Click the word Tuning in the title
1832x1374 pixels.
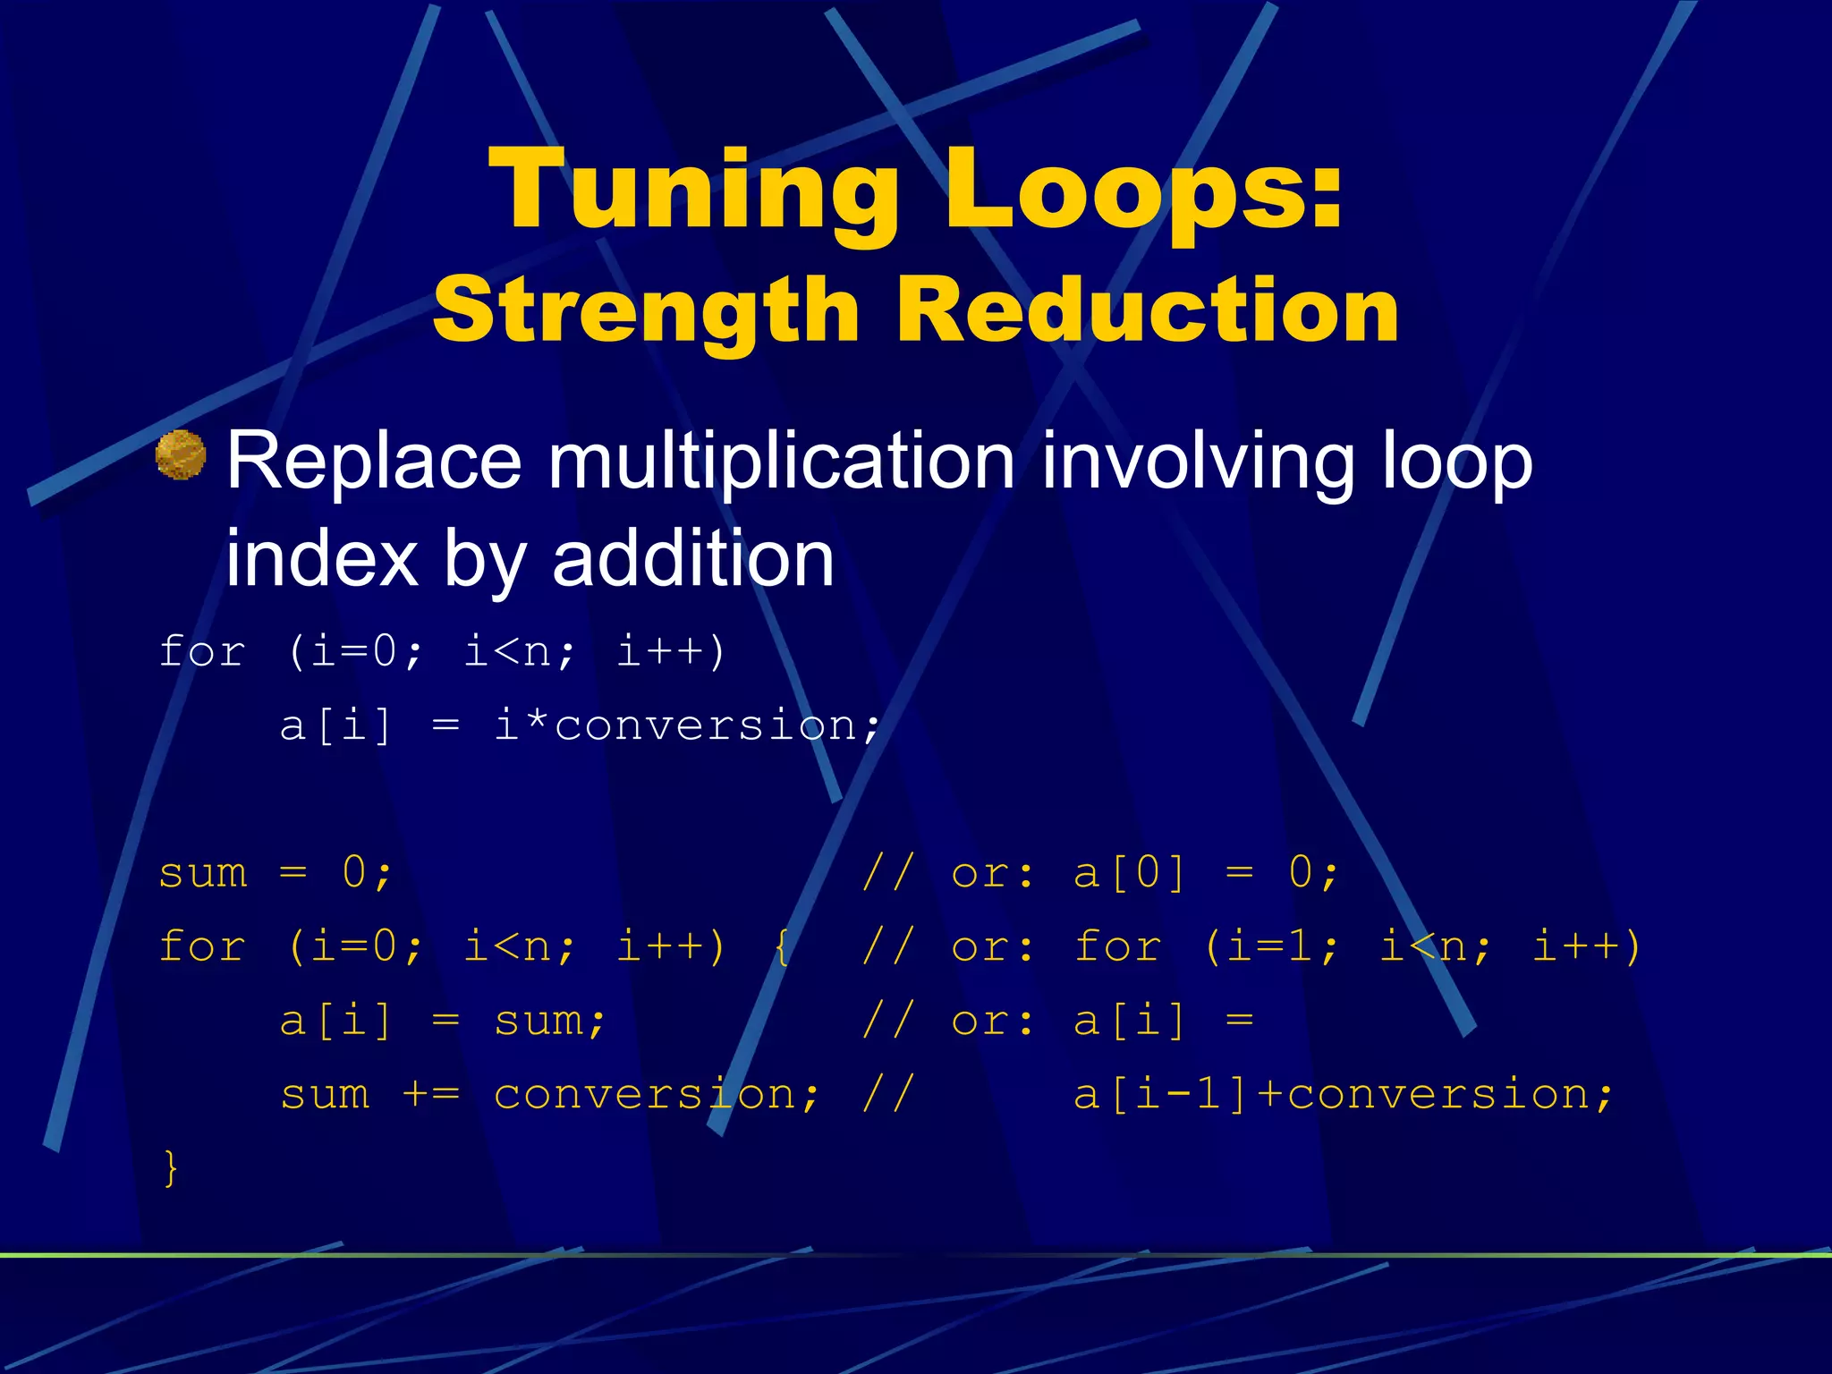693,191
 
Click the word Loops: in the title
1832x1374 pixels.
1144,191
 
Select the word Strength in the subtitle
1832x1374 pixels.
646,310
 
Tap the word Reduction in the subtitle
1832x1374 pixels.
1148,310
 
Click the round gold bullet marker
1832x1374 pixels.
181,454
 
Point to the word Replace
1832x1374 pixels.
373,462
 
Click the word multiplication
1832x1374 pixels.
781,462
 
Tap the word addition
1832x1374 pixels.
693,559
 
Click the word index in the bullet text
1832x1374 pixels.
321,559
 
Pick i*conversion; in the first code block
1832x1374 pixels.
687,725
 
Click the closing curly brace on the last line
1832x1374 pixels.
170,1167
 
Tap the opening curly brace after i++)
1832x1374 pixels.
783,946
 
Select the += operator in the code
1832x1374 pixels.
431,1094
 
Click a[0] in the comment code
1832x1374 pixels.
1129,872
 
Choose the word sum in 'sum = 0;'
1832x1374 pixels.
202,872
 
